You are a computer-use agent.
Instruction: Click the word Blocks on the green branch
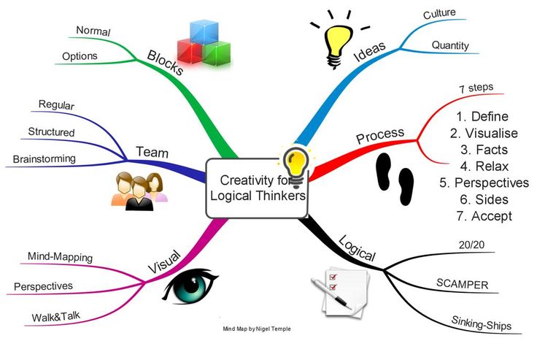166,63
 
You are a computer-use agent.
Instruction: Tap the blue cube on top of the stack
204,32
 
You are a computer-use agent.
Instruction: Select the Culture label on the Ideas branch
439,14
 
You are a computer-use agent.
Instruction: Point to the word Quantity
450,45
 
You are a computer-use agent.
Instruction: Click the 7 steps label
476,88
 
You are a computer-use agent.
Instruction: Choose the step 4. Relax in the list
484,166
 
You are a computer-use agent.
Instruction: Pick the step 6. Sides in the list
484,199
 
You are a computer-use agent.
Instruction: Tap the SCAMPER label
463,284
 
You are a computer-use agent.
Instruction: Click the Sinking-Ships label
481,323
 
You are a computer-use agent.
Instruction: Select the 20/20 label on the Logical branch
471,245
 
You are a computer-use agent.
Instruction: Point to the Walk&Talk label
56,316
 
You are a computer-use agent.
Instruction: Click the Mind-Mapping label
60,256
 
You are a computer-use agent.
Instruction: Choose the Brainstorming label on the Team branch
45,158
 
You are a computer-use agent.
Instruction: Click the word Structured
51,131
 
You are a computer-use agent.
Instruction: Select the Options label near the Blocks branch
80,56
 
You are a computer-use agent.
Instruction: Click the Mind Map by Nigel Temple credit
257,329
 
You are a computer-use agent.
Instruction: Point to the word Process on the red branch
380,135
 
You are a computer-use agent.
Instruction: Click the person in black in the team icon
139,194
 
